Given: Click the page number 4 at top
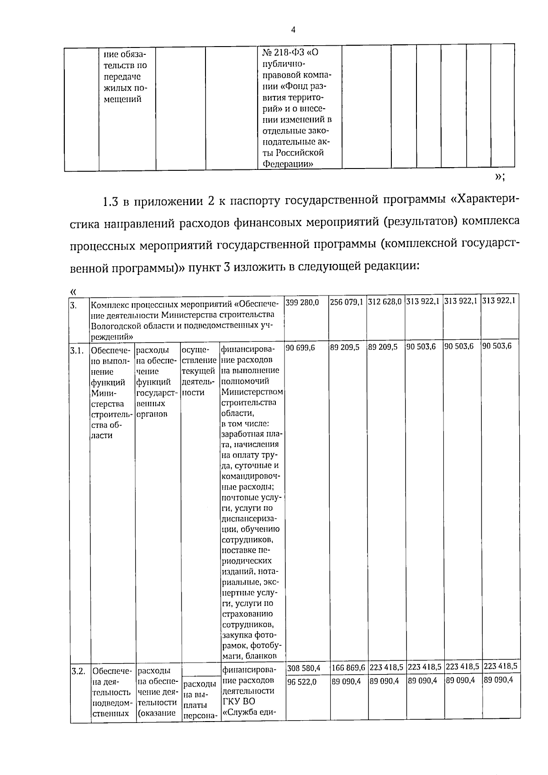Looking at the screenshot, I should [x=293, y=30].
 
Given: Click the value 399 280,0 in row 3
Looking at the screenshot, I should [x=303, y=302].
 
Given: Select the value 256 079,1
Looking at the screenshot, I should [x=347, y=302].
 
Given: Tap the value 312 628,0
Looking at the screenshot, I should [x=385, y=302].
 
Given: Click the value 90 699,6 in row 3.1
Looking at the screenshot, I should [x=301, y=347].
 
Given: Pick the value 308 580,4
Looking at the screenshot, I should [x=304, y=669].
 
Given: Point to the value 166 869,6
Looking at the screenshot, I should [x=348, y=669].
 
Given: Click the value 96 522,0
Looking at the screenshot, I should [x=301, y=681].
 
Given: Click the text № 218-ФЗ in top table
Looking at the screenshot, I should [x=282, y=53].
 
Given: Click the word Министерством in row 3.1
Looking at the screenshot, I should [x=252, y=392].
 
